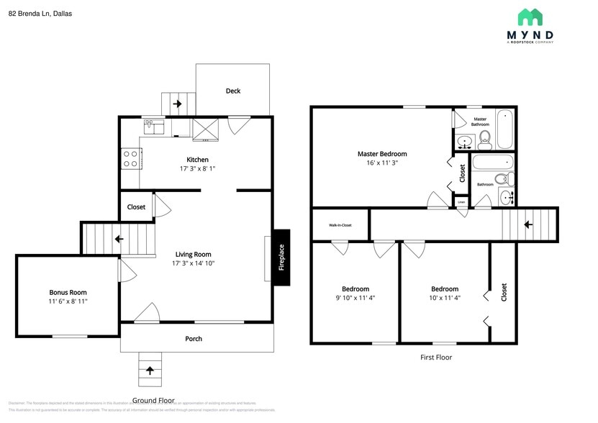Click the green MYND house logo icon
531,17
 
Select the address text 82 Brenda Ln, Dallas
40,13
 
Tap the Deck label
233,91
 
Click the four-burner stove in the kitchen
131,158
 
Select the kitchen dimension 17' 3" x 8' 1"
197,168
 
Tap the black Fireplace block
281,257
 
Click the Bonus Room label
68,292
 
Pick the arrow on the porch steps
150,371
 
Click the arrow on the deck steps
177,104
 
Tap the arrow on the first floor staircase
528,224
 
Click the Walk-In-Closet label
340,225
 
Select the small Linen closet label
461,202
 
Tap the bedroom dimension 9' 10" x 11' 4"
355,298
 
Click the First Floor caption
435,357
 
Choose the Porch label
194,339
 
